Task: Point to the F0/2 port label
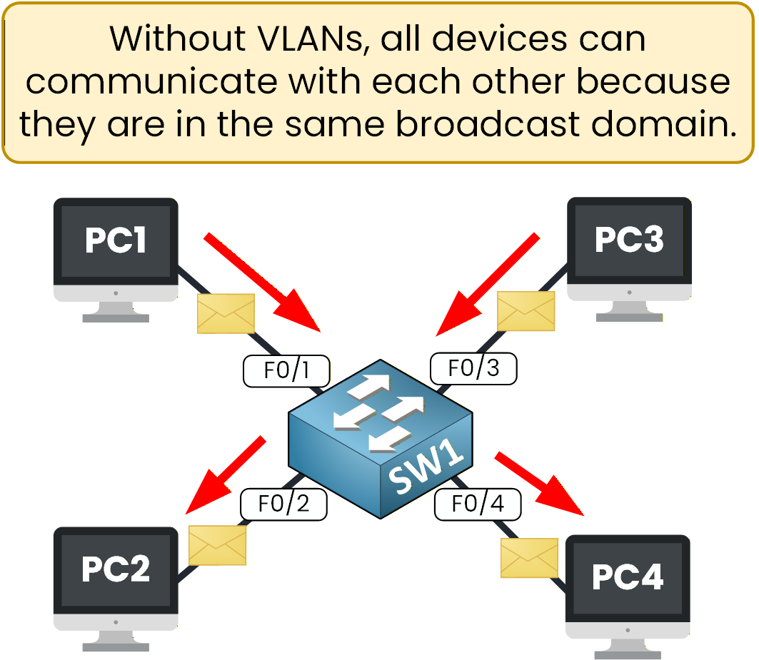click(283, 504)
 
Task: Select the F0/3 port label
click(473, 369)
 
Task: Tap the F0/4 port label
click(477, 504)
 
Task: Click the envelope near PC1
click(226, 313)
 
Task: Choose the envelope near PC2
click(217, 545)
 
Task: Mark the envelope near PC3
click(526, 311)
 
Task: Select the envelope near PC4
click(529, 557)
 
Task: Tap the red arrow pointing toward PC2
click(225, 476)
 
